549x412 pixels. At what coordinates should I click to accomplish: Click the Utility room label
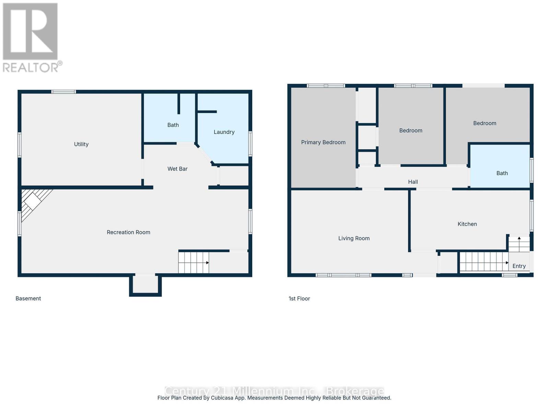tap(81, 144)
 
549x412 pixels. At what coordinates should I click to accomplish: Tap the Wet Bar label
tap(177, 169)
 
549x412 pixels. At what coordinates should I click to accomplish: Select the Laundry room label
tap(224, 132)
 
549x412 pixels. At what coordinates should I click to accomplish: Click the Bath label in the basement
tap(173, 125)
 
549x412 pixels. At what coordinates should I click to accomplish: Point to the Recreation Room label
tap(128, 232)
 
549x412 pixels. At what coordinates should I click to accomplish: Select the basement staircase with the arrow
tap(194, 263)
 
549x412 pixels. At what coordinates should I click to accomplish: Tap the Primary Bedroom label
tap(323, 142)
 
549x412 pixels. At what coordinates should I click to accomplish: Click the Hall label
tap(413, 182)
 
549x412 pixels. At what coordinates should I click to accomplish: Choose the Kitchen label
tap(467, 224)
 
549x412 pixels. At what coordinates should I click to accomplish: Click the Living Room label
tap(354, 238)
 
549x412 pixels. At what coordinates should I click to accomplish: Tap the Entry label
tap(519, 266)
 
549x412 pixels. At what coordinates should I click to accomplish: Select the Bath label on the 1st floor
tap(502, 173)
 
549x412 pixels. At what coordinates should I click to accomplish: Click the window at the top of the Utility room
tap(63, 92)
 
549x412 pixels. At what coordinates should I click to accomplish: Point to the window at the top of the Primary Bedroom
tap(326, 86)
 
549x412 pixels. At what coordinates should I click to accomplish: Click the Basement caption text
tap(28, 298)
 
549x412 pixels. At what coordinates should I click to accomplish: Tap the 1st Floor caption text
tap(299, 298)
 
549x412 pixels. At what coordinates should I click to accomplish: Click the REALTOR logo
tap(31, 38)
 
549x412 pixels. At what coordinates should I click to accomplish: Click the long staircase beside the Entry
tap(483, 262)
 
